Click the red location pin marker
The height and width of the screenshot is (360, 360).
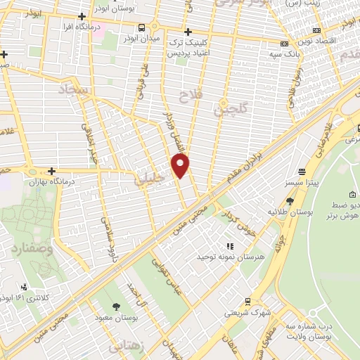click(181, 165)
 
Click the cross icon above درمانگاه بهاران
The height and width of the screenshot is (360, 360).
click(52, 171)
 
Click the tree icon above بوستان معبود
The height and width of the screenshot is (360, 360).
click(116, 306)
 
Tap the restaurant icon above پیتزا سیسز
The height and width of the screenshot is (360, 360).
click(302, 171)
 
